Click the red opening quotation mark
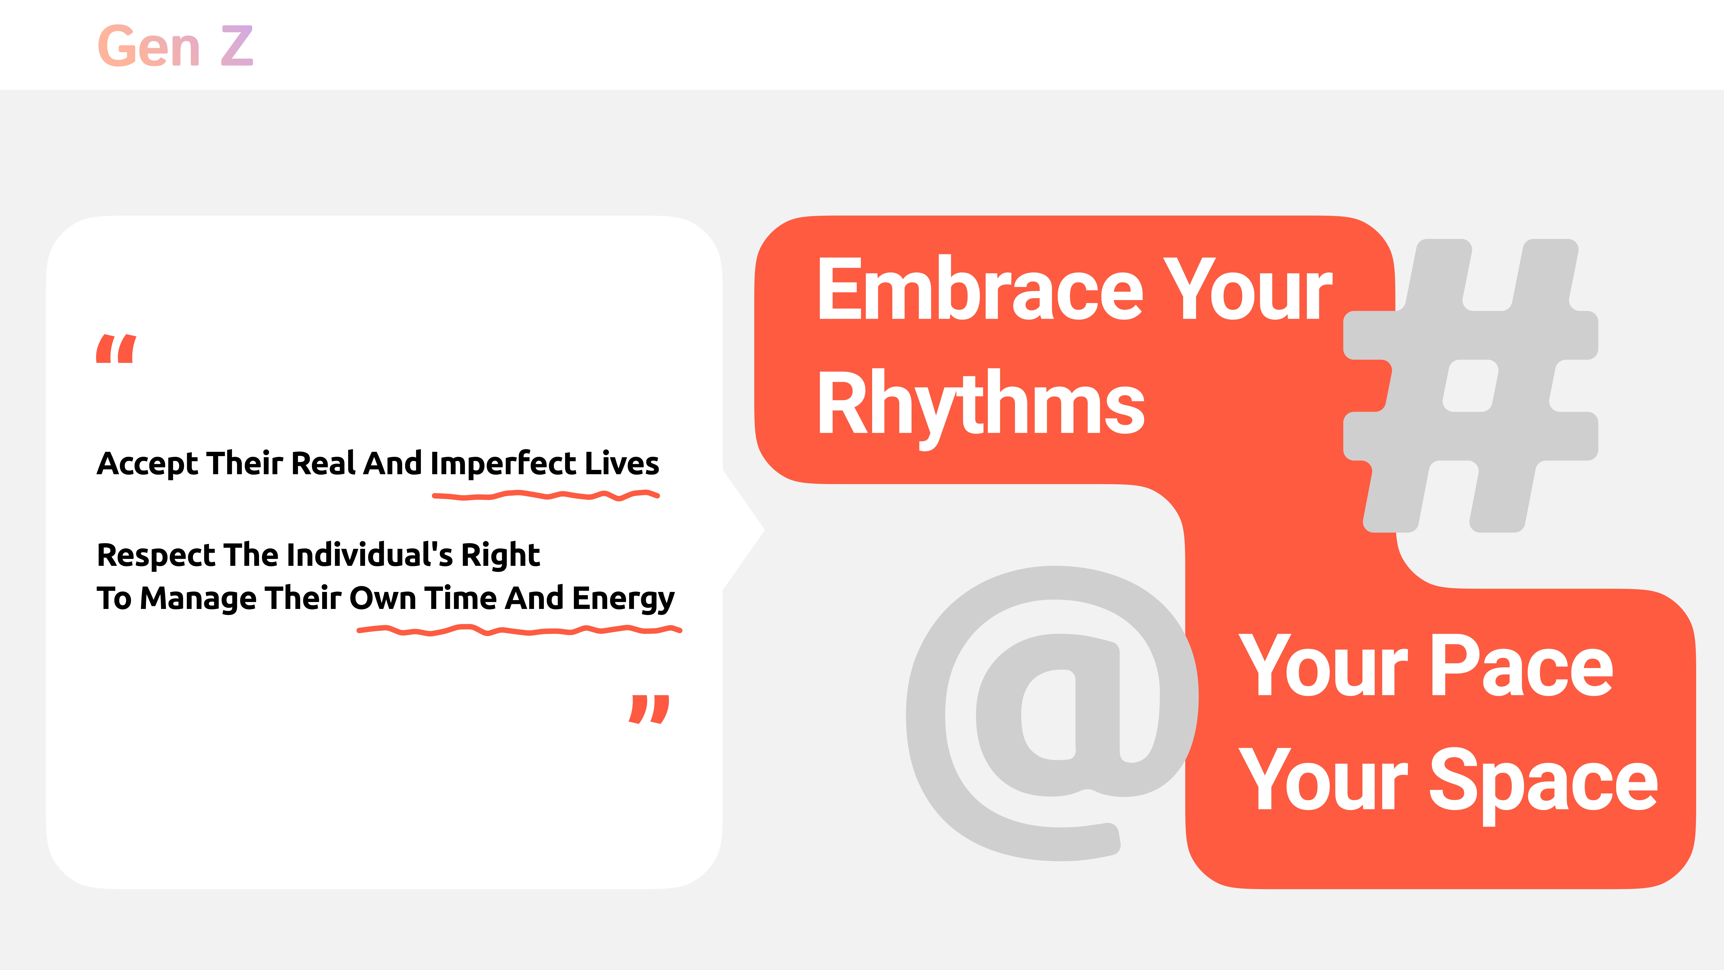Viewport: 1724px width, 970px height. coord(116,348)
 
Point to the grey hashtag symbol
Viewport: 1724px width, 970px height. coord(1470,386)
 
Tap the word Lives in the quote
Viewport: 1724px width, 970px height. coord(622,463)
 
